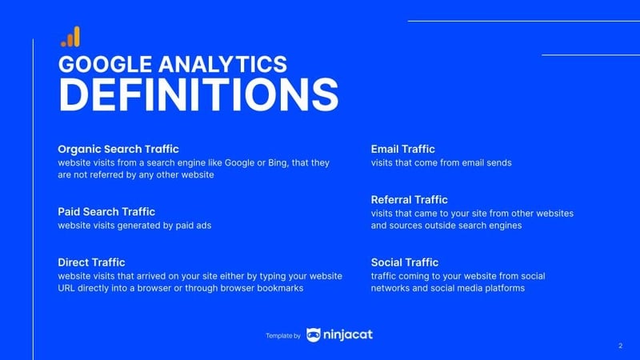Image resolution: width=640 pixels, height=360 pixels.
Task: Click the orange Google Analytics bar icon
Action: [70, 37]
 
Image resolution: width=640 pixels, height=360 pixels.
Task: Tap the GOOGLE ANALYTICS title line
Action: [172, 64]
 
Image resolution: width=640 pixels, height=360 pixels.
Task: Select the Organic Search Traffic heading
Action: [118, 149]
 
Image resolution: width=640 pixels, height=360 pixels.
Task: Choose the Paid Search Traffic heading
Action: [106, 211]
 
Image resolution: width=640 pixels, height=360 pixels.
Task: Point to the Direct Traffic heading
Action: [91, 262]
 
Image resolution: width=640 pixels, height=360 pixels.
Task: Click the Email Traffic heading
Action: [403, 149]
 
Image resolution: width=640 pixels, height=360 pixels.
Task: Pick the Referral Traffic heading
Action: [410, 199]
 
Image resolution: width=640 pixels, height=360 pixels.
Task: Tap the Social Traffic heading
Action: [405, 262]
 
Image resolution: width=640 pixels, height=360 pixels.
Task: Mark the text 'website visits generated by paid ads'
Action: [134, 226]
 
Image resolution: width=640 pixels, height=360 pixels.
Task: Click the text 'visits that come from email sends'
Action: [441, 162]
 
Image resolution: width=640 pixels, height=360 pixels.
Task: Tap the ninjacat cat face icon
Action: [314, 335]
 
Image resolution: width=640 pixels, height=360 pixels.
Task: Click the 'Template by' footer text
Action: [282, 336]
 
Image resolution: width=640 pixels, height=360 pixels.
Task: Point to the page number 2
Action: [620, 346]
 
